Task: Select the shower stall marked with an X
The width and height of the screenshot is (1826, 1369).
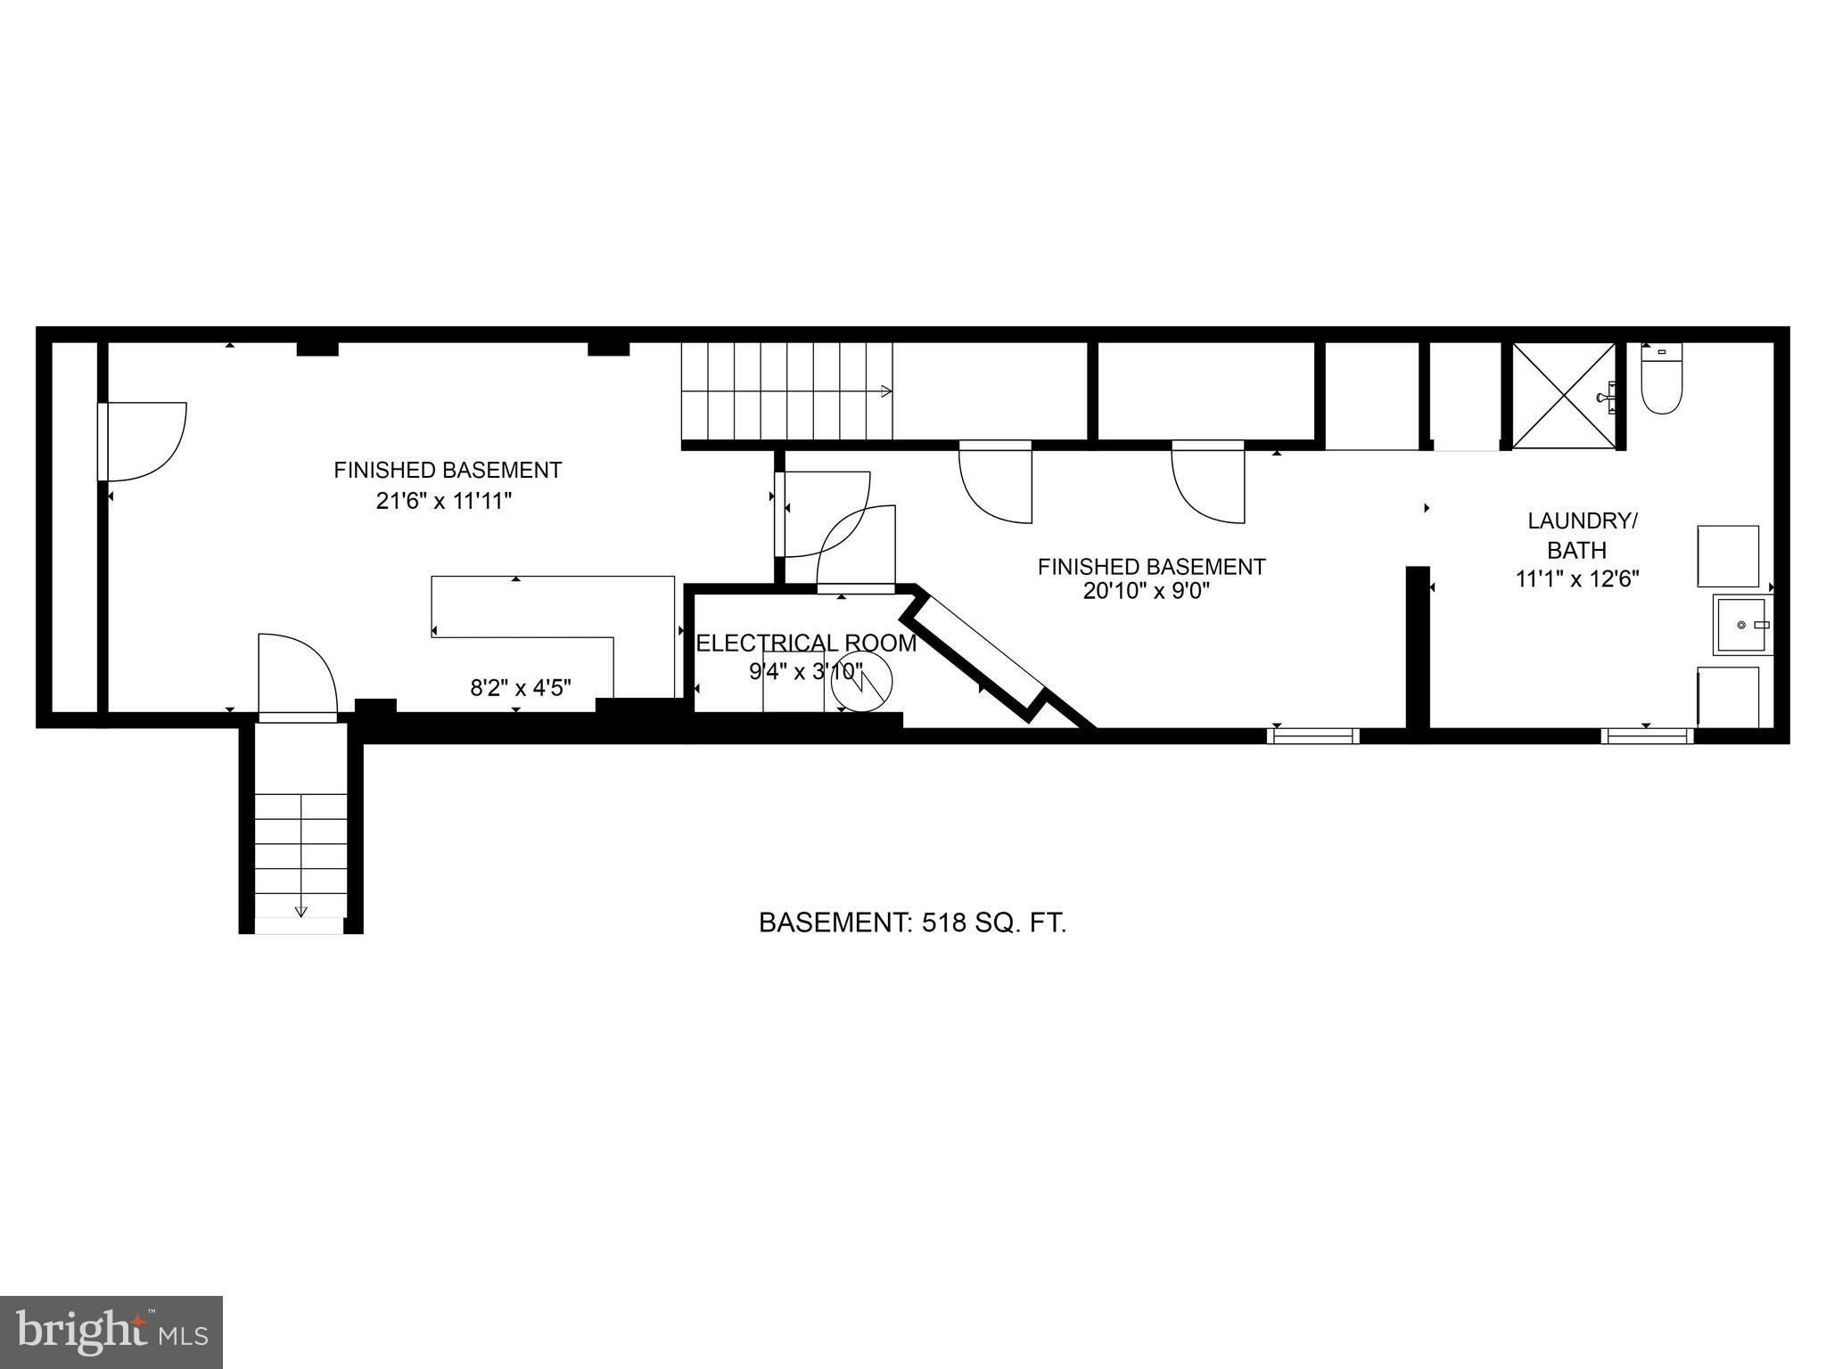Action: (1564, 396)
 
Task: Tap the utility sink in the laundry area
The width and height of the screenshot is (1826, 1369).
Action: (1741, 625)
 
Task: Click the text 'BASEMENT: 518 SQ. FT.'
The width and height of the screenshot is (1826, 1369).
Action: (912, 922)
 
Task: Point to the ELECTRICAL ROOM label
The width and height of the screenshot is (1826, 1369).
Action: (805, 644)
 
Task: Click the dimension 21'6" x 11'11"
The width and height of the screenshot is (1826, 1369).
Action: (444, 501)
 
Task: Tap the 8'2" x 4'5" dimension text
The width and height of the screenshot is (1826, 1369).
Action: (521, 687)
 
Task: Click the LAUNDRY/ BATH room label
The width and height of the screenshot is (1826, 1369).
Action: (1582, 535)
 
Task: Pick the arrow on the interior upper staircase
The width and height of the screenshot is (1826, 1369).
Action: (884, 391)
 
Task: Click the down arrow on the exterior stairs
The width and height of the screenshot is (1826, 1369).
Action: (300, 910)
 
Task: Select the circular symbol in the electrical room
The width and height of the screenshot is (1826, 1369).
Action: (861, 683)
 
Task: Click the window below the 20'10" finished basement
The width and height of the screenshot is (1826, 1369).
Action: (1313, 736)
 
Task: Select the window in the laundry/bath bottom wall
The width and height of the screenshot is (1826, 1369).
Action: (1646, 736)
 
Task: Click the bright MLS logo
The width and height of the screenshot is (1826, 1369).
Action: (111, 1332)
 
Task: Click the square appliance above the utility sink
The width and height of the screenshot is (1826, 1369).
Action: (1727, 556)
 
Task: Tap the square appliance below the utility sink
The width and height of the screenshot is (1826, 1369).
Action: (1727, 697)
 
